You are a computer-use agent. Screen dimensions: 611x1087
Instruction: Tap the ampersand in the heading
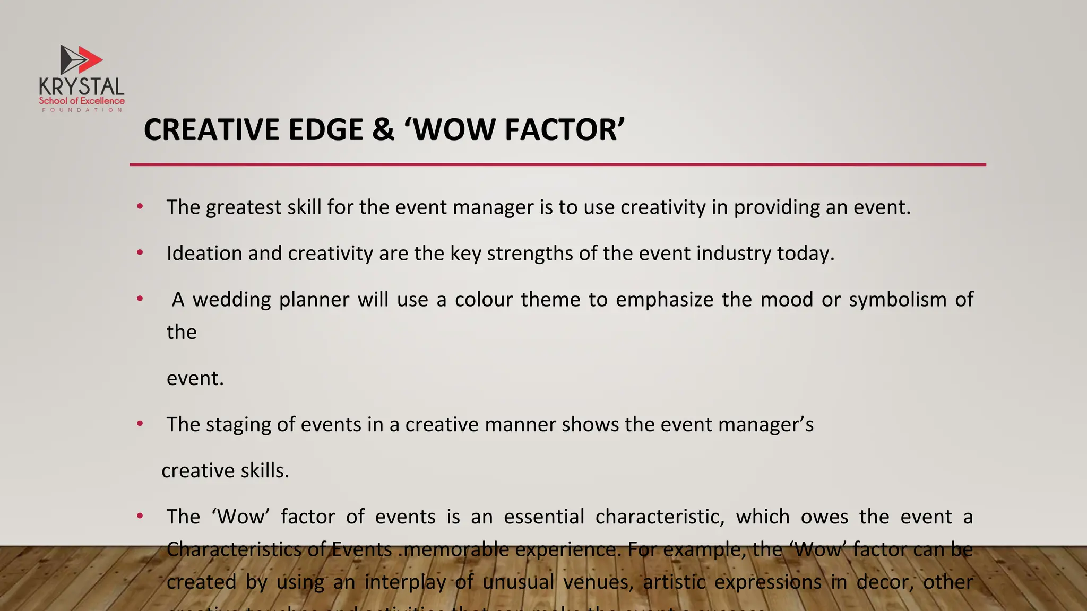[383, 130]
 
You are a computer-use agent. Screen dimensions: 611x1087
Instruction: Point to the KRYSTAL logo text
[81, 87]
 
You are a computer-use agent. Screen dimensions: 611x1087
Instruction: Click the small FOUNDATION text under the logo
[82, 110]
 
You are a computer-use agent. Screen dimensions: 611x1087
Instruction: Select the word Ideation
[204, 254]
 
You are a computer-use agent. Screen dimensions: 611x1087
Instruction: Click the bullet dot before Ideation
[140, 253]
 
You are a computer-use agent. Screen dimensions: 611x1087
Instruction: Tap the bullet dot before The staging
[140, 424]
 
